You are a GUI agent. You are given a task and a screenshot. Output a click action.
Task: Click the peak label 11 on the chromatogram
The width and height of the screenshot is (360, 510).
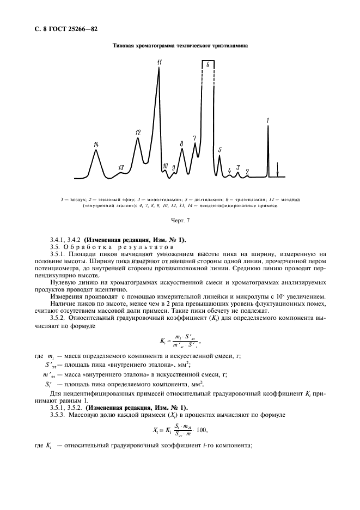[x=159, y=63]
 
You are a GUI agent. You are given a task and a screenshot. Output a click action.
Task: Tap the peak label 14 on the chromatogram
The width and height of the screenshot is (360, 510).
[x=96, y=144]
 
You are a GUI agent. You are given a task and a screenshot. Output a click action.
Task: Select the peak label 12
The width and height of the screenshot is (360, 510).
[x=138, y=132]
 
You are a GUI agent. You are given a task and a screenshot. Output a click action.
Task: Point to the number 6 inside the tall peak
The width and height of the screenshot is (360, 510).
[x=208, y=64]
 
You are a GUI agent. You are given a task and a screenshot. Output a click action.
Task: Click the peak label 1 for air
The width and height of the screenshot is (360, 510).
[x=267, y=119]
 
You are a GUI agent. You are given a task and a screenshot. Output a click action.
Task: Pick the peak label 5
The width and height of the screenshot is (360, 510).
[x=219, y=149]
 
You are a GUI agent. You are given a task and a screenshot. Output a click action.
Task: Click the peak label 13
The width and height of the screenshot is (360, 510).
[x=121, y=167]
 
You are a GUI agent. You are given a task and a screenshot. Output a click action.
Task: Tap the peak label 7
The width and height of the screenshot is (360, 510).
[x=194, y=138]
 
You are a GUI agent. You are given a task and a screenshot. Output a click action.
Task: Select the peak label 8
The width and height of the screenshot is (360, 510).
[x=181, y=143]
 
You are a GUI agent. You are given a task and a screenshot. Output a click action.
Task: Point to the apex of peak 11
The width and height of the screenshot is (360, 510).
[x=159, y=68]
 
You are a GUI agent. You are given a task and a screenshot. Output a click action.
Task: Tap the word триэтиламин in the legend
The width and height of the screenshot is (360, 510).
[x=250, y=200]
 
